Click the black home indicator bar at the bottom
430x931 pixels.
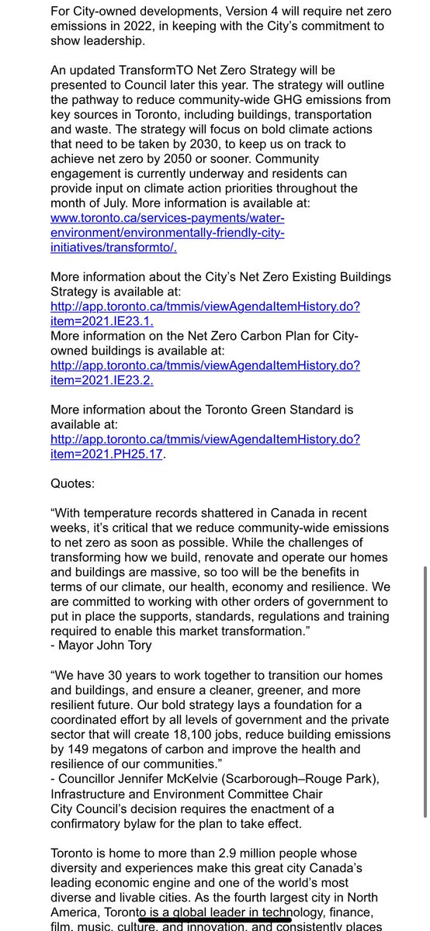pos(215,921)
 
